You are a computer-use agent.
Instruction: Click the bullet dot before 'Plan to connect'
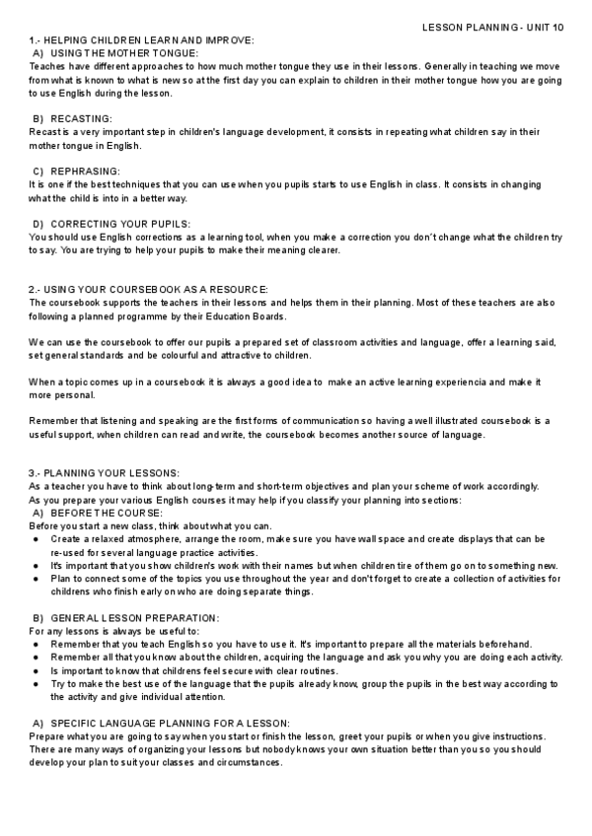37,579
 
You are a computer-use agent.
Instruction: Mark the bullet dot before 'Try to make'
37,683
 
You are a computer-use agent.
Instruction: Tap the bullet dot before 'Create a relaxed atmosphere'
37,539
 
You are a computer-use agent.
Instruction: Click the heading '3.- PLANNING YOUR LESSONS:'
104,473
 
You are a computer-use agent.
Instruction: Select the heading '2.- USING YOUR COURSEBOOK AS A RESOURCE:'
148,289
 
